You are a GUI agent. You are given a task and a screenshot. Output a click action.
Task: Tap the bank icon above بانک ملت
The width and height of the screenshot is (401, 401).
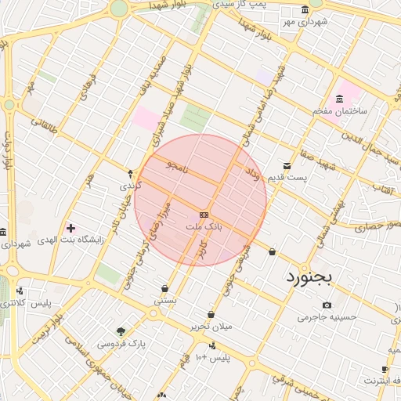pos(204,215)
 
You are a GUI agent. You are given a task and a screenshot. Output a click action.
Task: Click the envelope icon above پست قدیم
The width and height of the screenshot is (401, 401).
pos(287,166)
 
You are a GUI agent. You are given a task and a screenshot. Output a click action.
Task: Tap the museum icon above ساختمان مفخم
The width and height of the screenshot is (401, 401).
pos(339,99)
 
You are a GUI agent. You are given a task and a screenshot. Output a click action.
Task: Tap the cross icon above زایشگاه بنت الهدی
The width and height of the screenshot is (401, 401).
pos(71,227)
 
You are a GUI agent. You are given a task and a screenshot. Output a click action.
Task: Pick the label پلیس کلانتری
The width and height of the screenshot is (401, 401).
pos(34,303)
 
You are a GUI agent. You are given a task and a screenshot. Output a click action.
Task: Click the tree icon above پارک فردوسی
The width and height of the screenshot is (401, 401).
pos(120,331)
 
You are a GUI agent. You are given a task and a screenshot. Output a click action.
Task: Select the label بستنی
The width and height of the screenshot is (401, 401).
pos(164,300)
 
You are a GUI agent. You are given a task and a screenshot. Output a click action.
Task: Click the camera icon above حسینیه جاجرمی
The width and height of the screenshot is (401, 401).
pos(327,305)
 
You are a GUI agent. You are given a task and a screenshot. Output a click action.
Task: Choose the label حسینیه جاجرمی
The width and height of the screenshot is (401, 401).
pos(327,317)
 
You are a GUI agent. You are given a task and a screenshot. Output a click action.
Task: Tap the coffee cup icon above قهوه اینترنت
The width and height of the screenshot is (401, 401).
pos(385,369)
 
